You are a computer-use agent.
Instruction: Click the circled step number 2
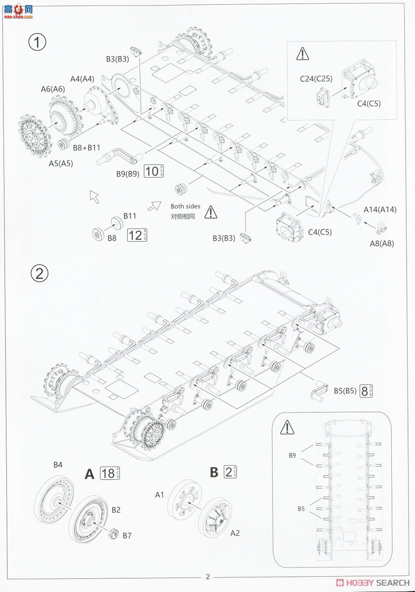coord(39,273)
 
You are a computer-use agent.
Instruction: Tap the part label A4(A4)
coord(82,78)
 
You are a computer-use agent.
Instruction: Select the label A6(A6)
coord(52,89)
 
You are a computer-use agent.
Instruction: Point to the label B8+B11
coord(86,147)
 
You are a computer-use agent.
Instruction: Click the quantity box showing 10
coord(154,171)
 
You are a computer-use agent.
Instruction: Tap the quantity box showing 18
coord(110,473)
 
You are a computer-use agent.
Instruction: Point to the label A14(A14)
coord(380,209)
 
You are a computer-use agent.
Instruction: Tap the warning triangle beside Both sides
coord(211,212)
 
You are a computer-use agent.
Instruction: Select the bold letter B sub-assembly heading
coord(214,472)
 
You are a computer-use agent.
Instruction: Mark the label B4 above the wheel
coord(58,464)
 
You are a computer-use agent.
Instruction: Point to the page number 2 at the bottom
coord(208,576)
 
